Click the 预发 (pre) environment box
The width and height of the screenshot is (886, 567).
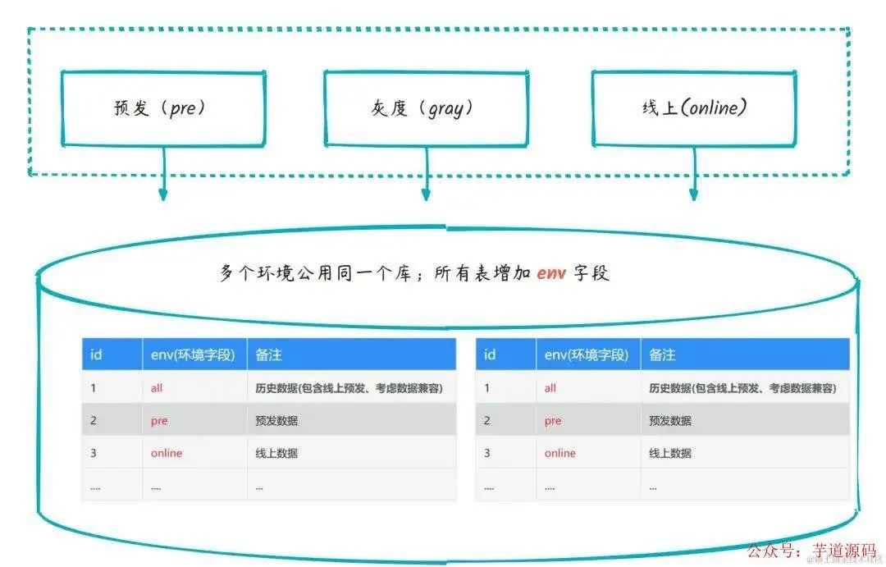point(162,107)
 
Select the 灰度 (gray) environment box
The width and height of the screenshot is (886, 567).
point(425,107)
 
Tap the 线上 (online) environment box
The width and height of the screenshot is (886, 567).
point(693,107)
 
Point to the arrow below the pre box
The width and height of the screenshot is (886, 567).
point(163,176)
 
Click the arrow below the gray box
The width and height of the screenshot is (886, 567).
point(426,176)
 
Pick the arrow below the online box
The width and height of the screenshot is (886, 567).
point(694,176)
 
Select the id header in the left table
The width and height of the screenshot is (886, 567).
point(96,354)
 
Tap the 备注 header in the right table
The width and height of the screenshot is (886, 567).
point(662,354)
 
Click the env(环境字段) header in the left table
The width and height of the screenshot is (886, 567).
point(193,354)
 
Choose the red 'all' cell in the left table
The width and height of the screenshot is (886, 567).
point(157,387)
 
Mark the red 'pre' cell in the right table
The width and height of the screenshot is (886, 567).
point(553,420)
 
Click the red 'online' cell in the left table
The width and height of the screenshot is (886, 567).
point(167,453)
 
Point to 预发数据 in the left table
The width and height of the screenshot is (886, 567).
point(276,420)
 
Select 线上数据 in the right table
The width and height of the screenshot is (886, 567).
point(670,453)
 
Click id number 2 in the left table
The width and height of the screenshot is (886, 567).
point(94,420)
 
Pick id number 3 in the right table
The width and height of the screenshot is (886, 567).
point(487,453)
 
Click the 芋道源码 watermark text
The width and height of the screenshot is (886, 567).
point(843,551)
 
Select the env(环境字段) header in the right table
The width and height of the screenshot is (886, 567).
point(587,354)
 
